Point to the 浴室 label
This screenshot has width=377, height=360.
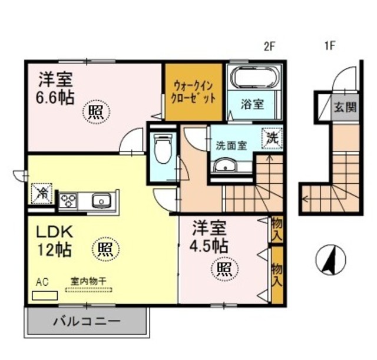[253, 104]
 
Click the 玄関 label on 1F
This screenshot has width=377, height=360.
[345, 107]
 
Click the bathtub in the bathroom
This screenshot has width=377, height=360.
[255, 78]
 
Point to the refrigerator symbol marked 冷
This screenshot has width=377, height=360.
[42, 192]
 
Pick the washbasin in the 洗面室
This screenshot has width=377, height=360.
[224, 167]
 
